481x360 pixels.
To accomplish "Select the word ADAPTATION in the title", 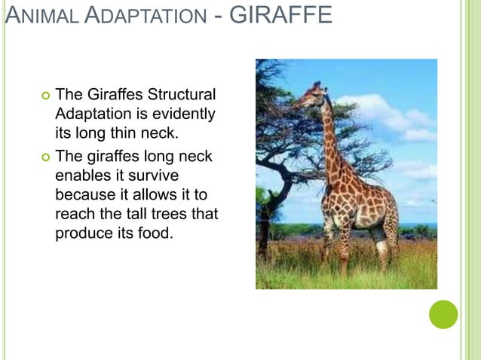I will pos(143,15).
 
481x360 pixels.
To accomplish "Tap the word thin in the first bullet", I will pos(129,134).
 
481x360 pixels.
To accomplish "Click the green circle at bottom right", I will pos(443,314).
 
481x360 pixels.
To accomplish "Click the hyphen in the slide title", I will pos(219,15).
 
